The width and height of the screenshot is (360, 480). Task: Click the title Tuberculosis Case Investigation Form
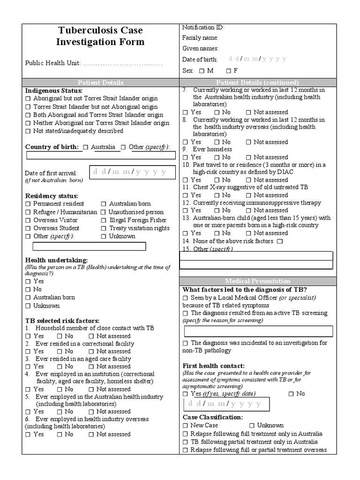(100, 36)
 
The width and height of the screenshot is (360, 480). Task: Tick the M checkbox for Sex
(202, 71)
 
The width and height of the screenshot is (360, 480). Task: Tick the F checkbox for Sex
(228, 71)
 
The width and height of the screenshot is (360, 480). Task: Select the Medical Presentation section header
(257, 281)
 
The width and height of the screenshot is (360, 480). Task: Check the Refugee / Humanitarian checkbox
(28, 212)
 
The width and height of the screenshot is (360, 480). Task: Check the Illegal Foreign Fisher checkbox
(104, 220)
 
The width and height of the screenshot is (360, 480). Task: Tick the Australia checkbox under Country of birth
(85, 147)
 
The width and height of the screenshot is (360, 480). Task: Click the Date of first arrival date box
(132, 172)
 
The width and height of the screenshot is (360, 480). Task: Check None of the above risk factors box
(280, 241)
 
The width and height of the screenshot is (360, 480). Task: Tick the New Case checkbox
(185, 426)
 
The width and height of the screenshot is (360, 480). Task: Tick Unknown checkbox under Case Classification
(252, 426)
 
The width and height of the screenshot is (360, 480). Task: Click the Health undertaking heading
(56, 260)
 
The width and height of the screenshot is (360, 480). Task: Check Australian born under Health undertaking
(28, 298)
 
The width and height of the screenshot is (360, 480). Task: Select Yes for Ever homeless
(185, 157)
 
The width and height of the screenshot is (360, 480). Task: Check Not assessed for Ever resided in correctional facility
(91, 352)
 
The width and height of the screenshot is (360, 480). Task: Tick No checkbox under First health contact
(291, 394)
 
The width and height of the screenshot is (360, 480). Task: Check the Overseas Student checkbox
(28, 228)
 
